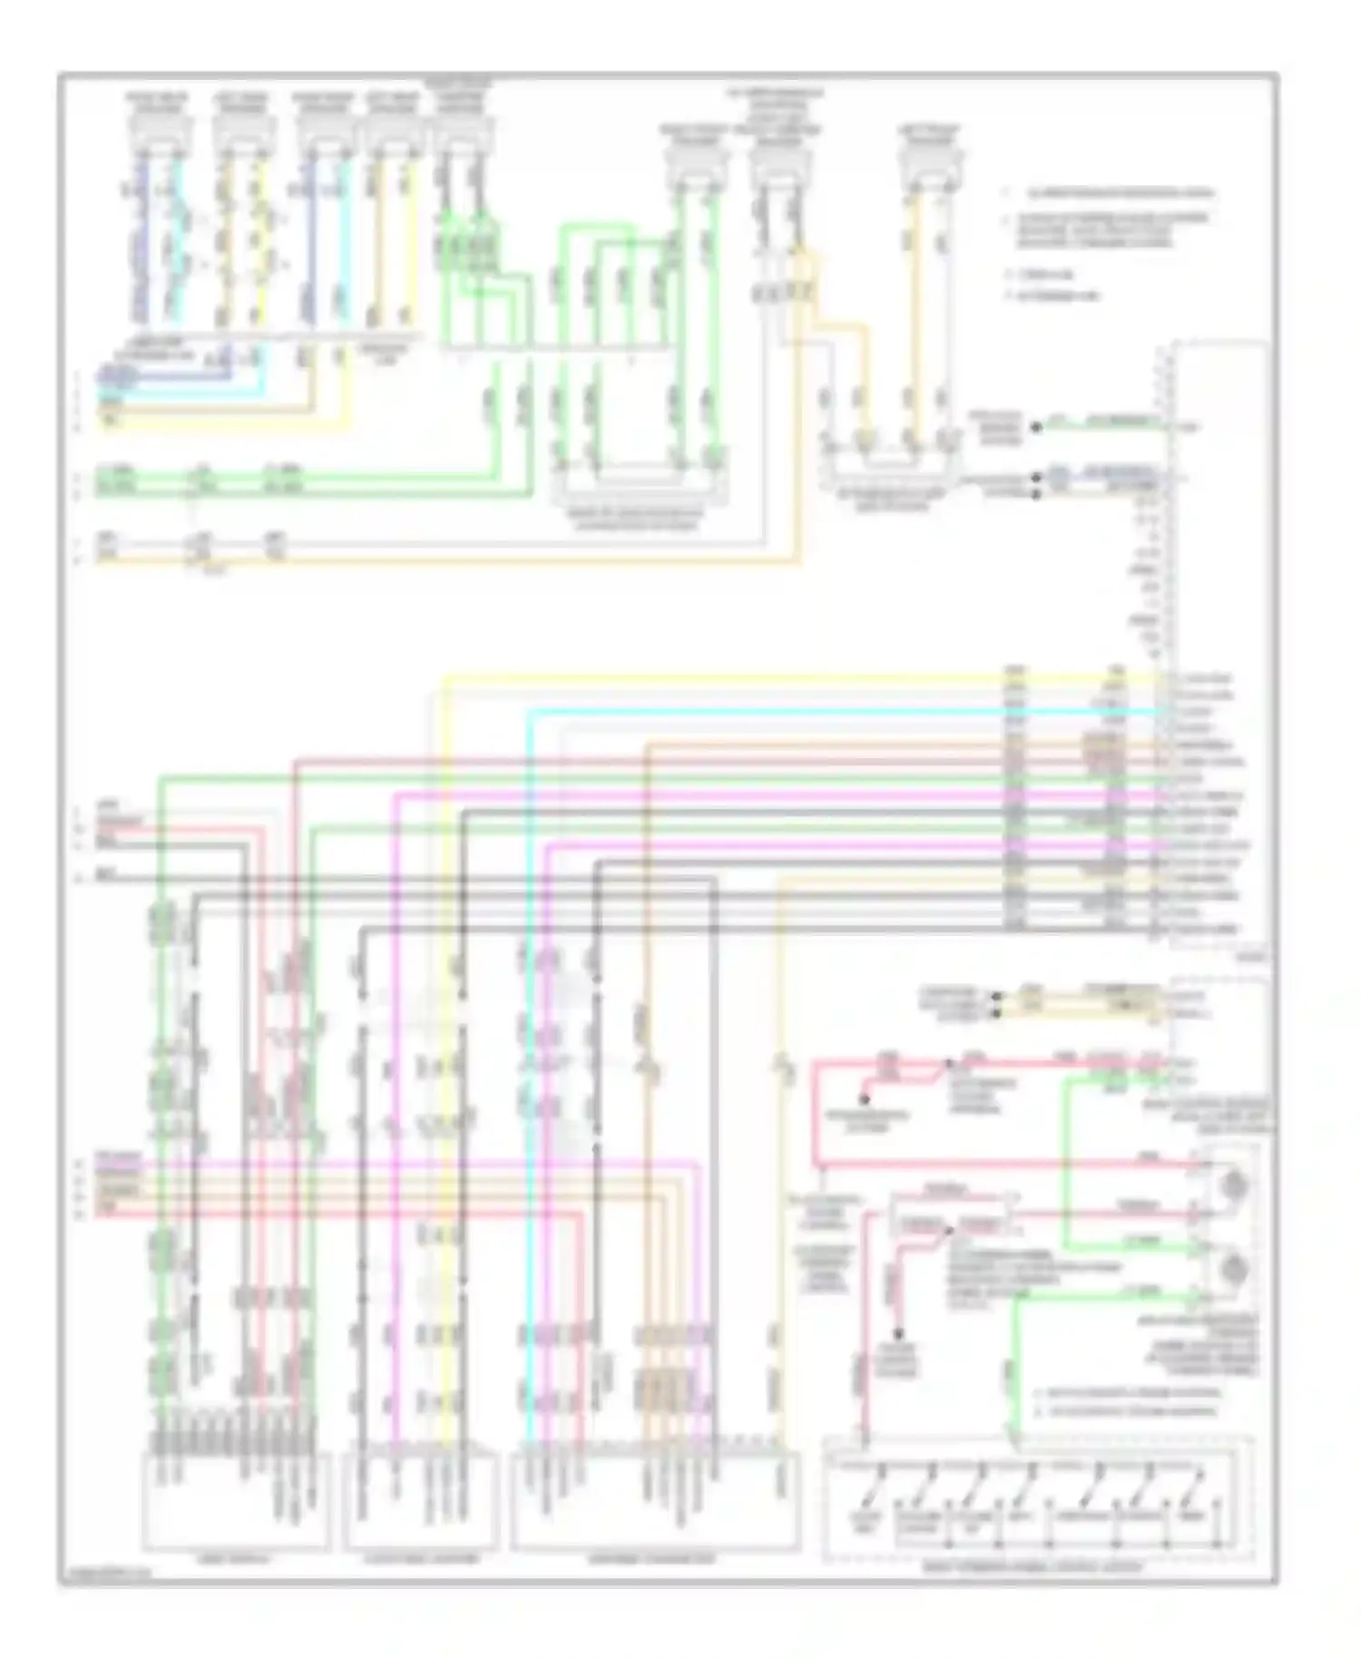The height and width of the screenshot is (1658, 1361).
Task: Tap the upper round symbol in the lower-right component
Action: (1233, 1183)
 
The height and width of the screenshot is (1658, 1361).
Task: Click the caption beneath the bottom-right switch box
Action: (1034, 1566)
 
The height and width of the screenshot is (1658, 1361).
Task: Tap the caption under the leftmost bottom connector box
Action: (234, 1559)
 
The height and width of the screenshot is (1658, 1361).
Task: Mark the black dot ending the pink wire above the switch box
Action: (899, 1335)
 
